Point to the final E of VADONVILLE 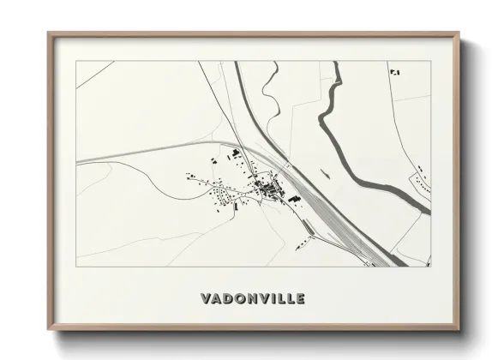point(299,299)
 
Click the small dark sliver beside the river point(327,171)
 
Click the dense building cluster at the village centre point(267,186)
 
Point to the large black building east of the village point(294,199)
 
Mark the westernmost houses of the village point(190,177)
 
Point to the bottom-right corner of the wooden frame point(458,329)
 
